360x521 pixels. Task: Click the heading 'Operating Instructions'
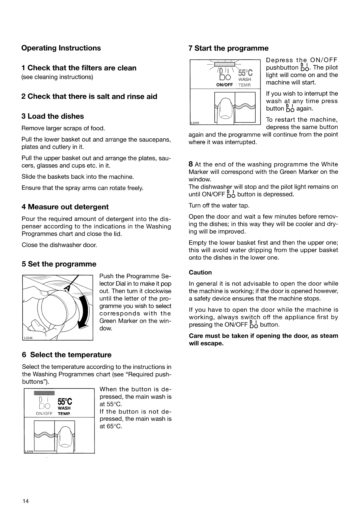point(61,48)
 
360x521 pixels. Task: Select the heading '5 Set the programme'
point(59,264)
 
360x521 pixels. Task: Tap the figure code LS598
point(29,452)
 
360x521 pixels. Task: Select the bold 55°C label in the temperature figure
point(65,402)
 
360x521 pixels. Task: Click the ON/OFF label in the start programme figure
point(224,85)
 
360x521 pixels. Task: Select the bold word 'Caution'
point(200,272)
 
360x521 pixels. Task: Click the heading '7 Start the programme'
point(228,48)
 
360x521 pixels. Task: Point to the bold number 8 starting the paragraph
point(191,164)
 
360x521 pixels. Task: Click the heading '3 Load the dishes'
point(53,116)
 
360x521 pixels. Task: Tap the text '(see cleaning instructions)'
point(57,77)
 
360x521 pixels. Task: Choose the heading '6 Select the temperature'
point(67,355)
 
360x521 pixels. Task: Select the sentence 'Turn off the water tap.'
point(219,205)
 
